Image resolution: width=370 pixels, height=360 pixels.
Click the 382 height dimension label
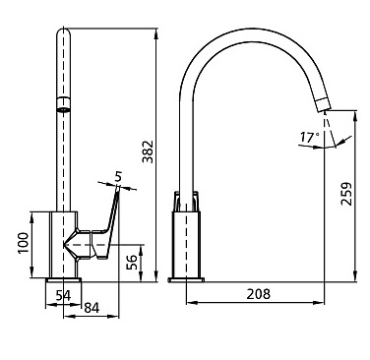tap(148, 151)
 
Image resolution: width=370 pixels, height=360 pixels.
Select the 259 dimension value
tap(346, 194)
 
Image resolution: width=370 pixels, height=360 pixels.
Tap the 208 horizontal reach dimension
tap(259, 294)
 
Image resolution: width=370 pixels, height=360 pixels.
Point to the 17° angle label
tap(309, 138)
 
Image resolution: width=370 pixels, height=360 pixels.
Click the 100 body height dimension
tap(23, 243)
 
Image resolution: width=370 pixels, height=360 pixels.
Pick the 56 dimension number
tap(133, 262)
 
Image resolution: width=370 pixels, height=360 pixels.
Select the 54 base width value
tap(63, 296)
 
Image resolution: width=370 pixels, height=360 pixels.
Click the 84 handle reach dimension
tap(92, 308)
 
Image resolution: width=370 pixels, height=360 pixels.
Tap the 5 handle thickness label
tap(118, 177)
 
